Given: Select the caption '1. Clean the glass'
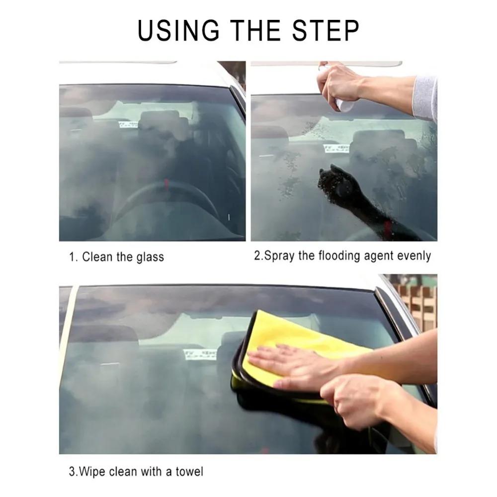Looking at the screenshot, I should pos(116,257).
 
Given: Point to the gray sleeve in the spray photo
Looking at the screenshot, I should pos(425,97).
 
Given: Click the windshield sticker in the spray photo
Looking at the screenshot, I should pos(336,148).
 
